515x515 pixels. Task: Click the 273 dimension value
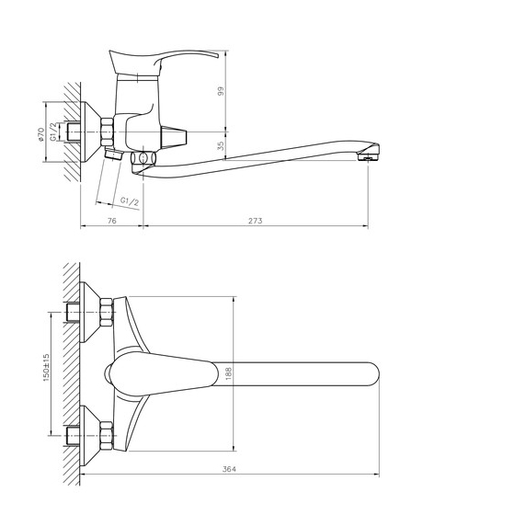click(256, 221)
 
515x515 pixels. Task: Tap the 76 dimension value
click(112, 221)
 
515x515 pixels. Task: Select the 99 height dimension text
click(221, 91)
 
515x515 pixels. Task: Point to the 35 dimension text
click(221, 145)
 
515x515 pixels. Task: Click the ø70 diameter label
click(40, 134)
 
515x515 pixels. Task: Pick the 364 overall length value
click(229, 469)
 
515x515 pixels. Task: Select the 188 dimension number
click(229, 373)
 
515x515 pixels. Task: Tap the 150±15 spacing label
click(46, 368)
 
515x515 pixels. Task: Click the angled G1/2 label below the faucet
click(130, 201)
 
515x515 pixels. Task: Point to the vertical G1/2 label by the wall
click(53, 132)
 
